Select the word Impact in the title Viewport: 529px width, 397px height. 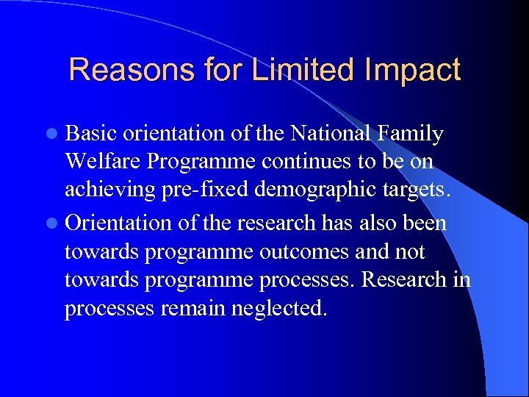pos(411,71)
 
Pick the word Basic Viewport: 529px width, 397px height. pos(91,134)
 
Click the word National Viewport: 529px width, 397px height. pos(334,134)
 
